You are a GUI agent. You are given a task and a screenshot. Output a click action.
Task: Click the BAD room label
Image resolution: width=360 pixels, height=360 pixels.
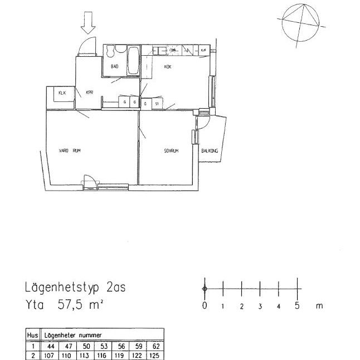click(115, 66)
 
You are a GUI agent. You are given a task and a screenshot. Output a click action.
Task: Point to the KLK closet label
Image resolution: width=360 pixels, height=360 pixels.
click(62, 93)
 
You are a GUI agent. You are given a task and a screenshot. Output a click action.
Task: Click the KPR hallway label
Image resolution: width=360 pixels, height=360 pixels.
click(89, 93)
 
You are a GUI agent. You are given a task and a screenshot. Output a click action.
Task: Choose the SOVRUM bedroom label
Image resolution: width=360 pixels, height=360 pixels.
click(171, 150)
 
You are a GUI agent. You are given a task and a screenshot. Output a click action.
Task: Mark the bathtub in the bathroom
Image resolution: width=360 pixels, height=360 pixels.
click(133, 61)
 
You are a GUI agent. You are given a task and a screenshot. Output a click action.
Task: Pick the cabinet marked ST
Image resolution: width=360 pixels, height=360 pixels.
click(157, 104)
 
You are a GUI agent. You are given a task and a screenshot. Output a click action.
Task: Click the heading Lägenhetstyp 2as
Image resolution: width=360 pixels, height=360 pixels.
click(76, 288)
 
